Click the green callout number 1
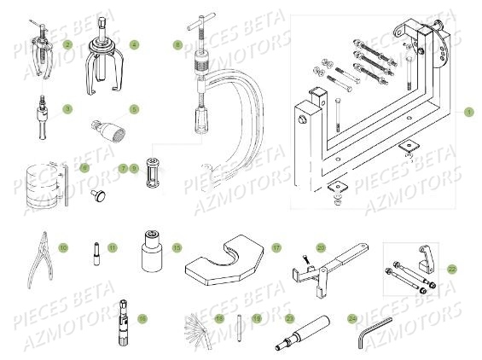[x=467, y=112]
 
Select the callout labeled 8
[x=177, y=44]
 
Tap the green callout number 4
[x=133, y=44]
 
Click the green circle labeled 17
[x=276, y=247]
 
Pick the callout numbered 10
[x=63, y=247]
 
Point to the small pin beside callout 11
[x=95, y=253]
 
